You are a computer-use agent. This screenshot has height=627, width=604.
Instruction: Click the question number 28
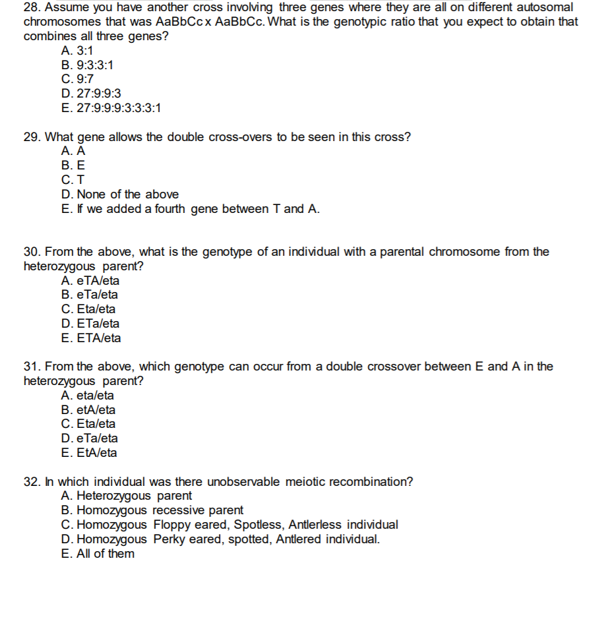pos(31,7)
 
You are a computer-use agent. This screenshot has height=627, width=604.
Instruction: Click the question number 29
pos(31,137)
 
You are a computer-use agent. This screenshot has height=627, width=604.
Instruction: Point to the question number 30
pos(31,252)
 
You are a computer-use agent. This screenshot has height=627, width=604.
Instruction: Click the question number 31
pos(31,367)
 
